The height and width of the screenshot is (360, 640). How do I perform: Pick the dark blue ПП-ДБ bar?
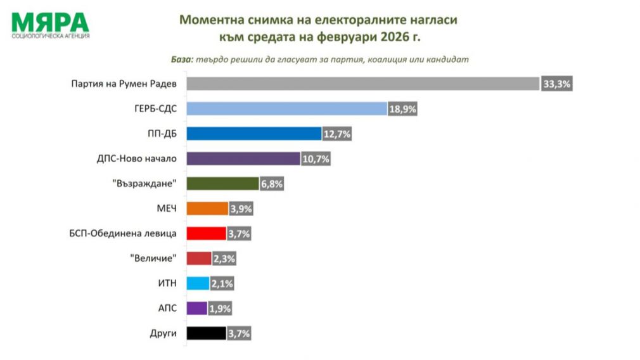[x=254, y=133]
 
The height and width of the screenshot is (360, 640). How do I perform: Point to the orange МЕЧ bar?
[x=207, y=209]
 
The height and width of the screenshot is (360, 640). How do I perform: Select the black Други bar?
[x=207, y=333]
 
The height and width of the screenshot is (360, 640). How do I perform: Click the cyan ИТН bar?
[x=198, y=283]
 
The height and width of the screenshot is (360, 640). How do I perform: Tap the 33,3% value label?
[x=557, y=84]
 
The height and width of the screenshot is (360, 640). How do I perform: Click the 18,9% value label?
[x=403, y=109]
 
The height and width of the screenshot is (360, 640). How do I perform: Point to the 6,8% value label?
[x=271, y=184]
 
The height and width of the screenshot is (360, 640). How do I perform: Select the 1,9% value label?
[x=219, y=309]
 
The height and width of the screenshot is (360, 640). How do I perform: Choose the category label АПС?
[x=167, y=309]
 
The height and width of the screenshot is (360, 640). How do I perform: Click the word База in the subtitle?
[x=181, y=59]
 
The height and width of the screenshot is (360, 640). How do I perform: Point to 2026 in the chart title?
[x=395, y=37]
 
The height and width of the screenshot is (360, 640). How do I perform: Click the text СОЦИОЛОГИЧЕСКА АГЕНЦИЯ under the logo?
[x=51, y=36]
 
